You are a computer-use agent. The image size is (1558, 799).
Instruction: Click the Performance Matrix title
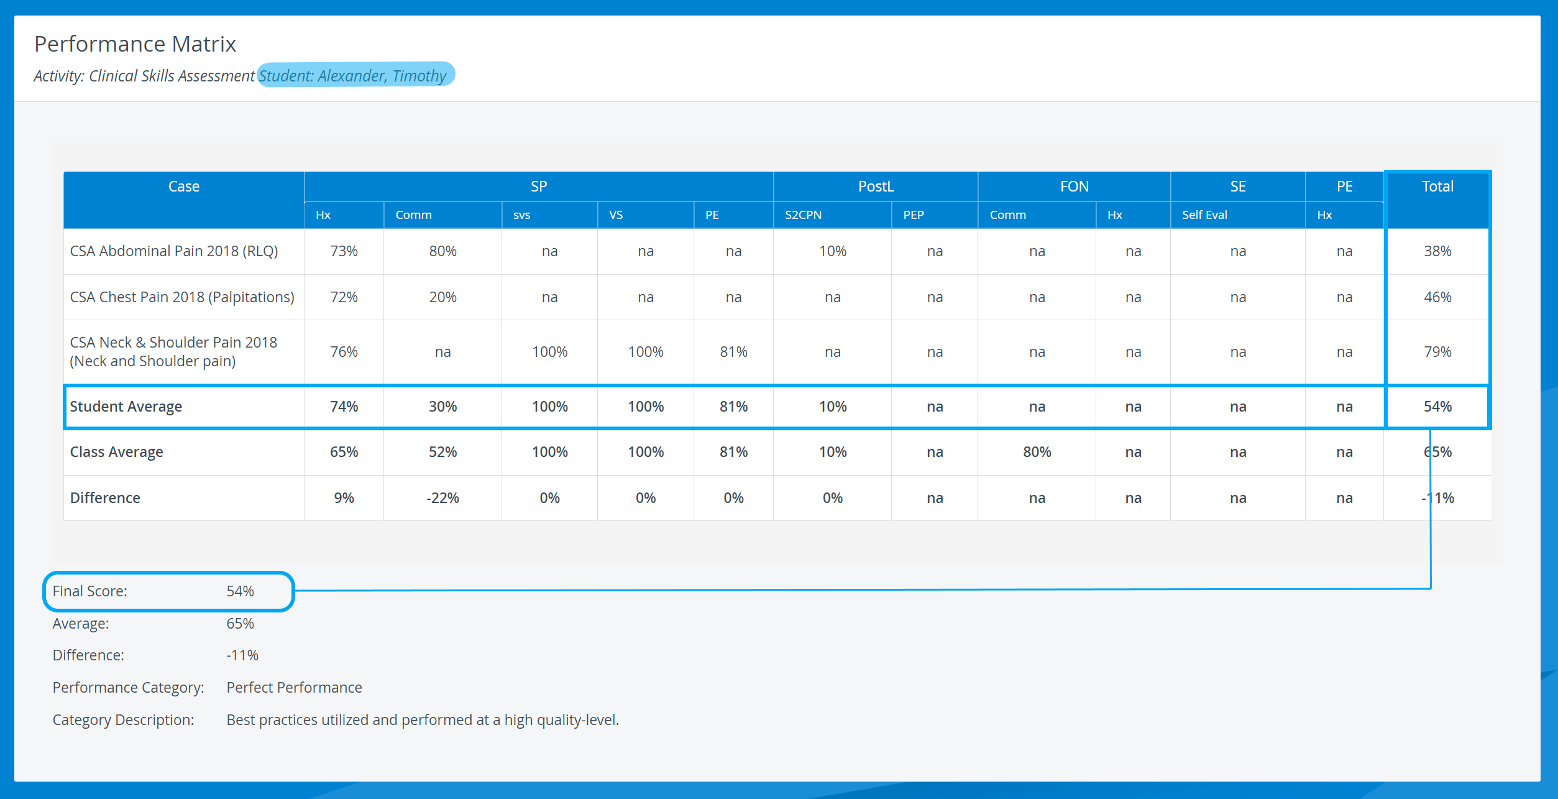click(x=135, y=44)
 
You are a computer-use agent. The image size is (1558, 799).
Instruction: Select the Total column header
click(x=1437, y=187)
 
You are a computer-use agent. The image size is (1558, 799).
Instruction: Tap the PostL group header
click(x=876, y=187)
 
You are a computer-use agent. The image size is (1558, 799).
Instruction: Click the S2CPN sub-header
click(x=803, y=215)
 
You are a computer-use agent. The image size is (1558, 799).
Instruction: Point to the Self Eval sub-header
click(x=1204, y=215)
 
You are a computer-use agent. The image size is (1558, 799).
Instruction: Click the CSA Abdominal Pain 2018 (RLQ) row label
click(x=174, y=251)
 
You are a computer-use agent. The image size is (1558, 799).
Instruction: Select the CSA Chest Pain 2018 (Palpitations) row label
click(x=182, y=297)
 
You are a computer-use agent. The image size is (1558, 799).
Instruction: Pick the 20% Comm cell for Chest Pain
click(x=442, y=297)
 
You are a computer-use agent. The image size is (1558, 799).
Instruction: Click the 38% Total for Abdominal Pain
click(x=1437, y=251)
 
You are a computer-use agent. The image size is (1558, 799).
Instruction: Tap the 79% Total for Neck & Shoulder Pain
click(x=1437, y=352)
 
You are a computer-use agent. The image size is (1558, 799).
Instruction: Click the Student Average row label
click(x=126, y=407)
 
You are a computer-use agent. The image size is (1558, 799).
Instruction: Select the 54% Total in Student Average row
click(x=1437, y=407)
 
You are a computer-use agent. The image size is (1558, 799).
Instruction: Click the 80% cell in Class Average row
click(x=1037, y=452)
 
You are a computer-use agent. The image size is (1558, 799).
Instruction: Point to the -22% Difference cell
click(x=442, y=498)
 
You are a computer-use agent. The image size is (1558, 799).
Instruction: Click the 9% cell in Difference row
click(x=344, y=498)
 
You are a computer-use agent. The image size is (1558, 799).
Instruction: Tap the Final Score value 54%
click(x=240, y=591)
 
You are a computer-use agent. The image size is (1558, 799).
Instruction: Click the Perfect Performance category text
click(x=294, y=688)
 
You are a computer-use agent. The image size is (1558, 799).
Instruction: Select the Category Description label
click(x=123, y=720)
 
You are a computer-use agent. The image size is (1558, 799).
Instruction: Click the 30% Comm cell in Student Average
click(x=442, y=407)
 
